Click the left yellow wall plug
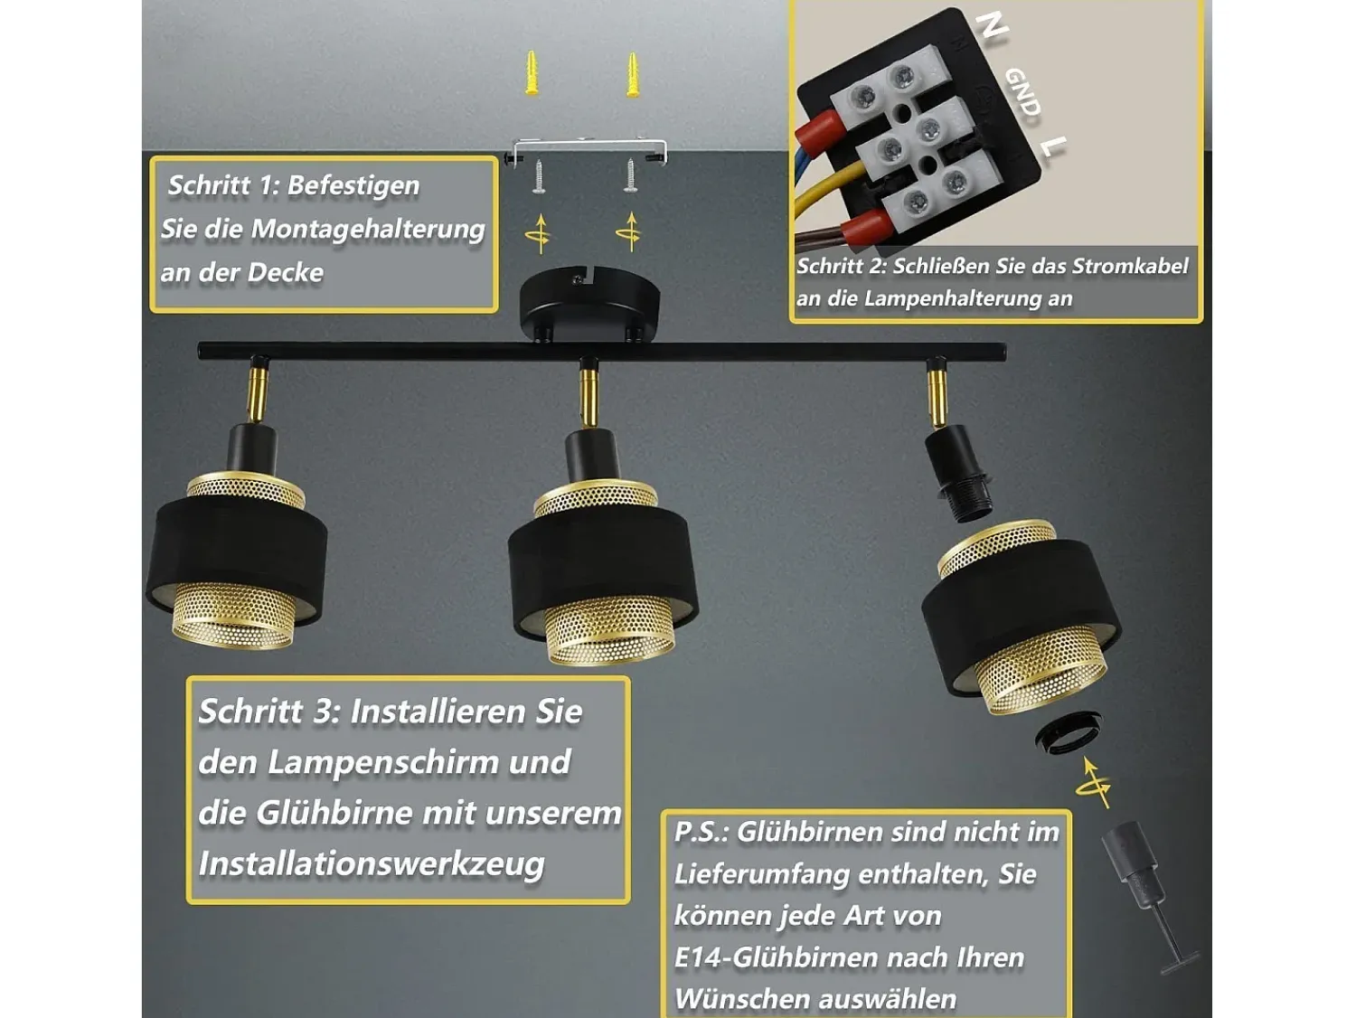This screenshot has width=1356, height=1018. point(532,73)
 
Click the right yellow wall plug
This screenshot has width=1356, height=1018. point(632,75)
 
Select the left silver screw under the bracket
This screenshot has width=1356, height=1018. point(539,177)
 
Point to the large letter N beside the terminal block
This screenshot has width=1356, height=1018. point(992,26)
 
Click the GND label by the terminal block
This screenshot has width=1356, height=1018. point(1022,92)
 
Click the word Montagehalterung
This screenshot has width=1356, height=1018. point(368,229)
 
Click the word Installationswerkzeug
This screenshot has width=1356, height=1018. point(372,864)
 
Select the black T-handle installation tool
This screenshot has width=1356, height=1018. point(1148,901)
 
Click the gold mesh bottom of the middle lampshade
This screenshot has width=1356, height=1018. point(608,631)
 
